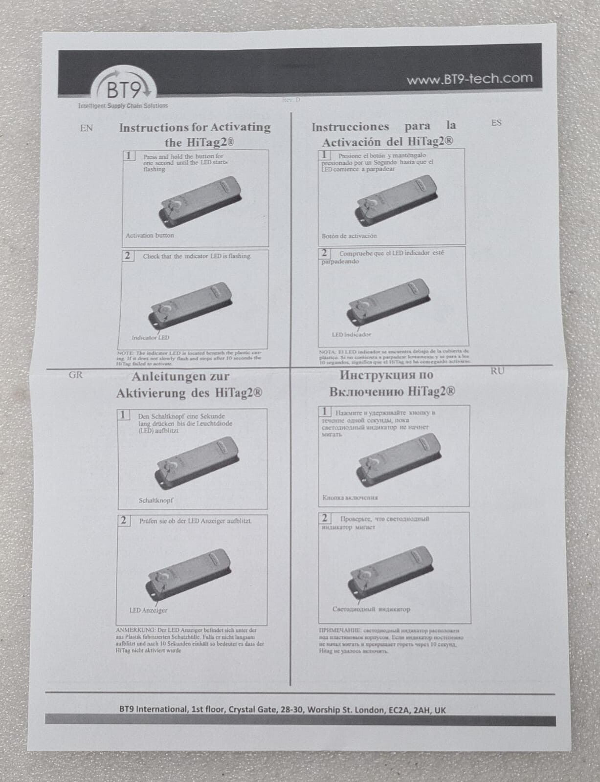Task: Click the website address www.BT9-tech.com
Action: pos(469,79)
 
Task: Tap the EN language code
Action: pos(86,129)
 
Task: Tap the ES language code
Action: pos(496,123)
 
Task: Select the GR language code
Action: pos(76,375)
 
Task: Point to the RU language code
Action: pos(497,371)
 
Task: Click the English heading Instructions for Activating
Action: pos(195,128)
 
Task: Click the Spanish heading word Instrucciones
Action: pos(350,127)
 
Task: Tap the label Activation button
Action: pos(150,235)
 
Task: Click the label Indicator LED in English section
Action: pos(150,338)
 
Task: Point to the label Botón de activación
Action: pos(349,236)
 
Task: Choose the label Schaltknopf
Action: pos(156,500)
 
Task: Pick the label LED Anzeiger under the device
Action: pos(148,610)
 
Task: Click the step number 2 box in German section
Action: pos(124,521)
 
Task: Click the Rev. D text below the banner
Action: pos(291,100)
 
